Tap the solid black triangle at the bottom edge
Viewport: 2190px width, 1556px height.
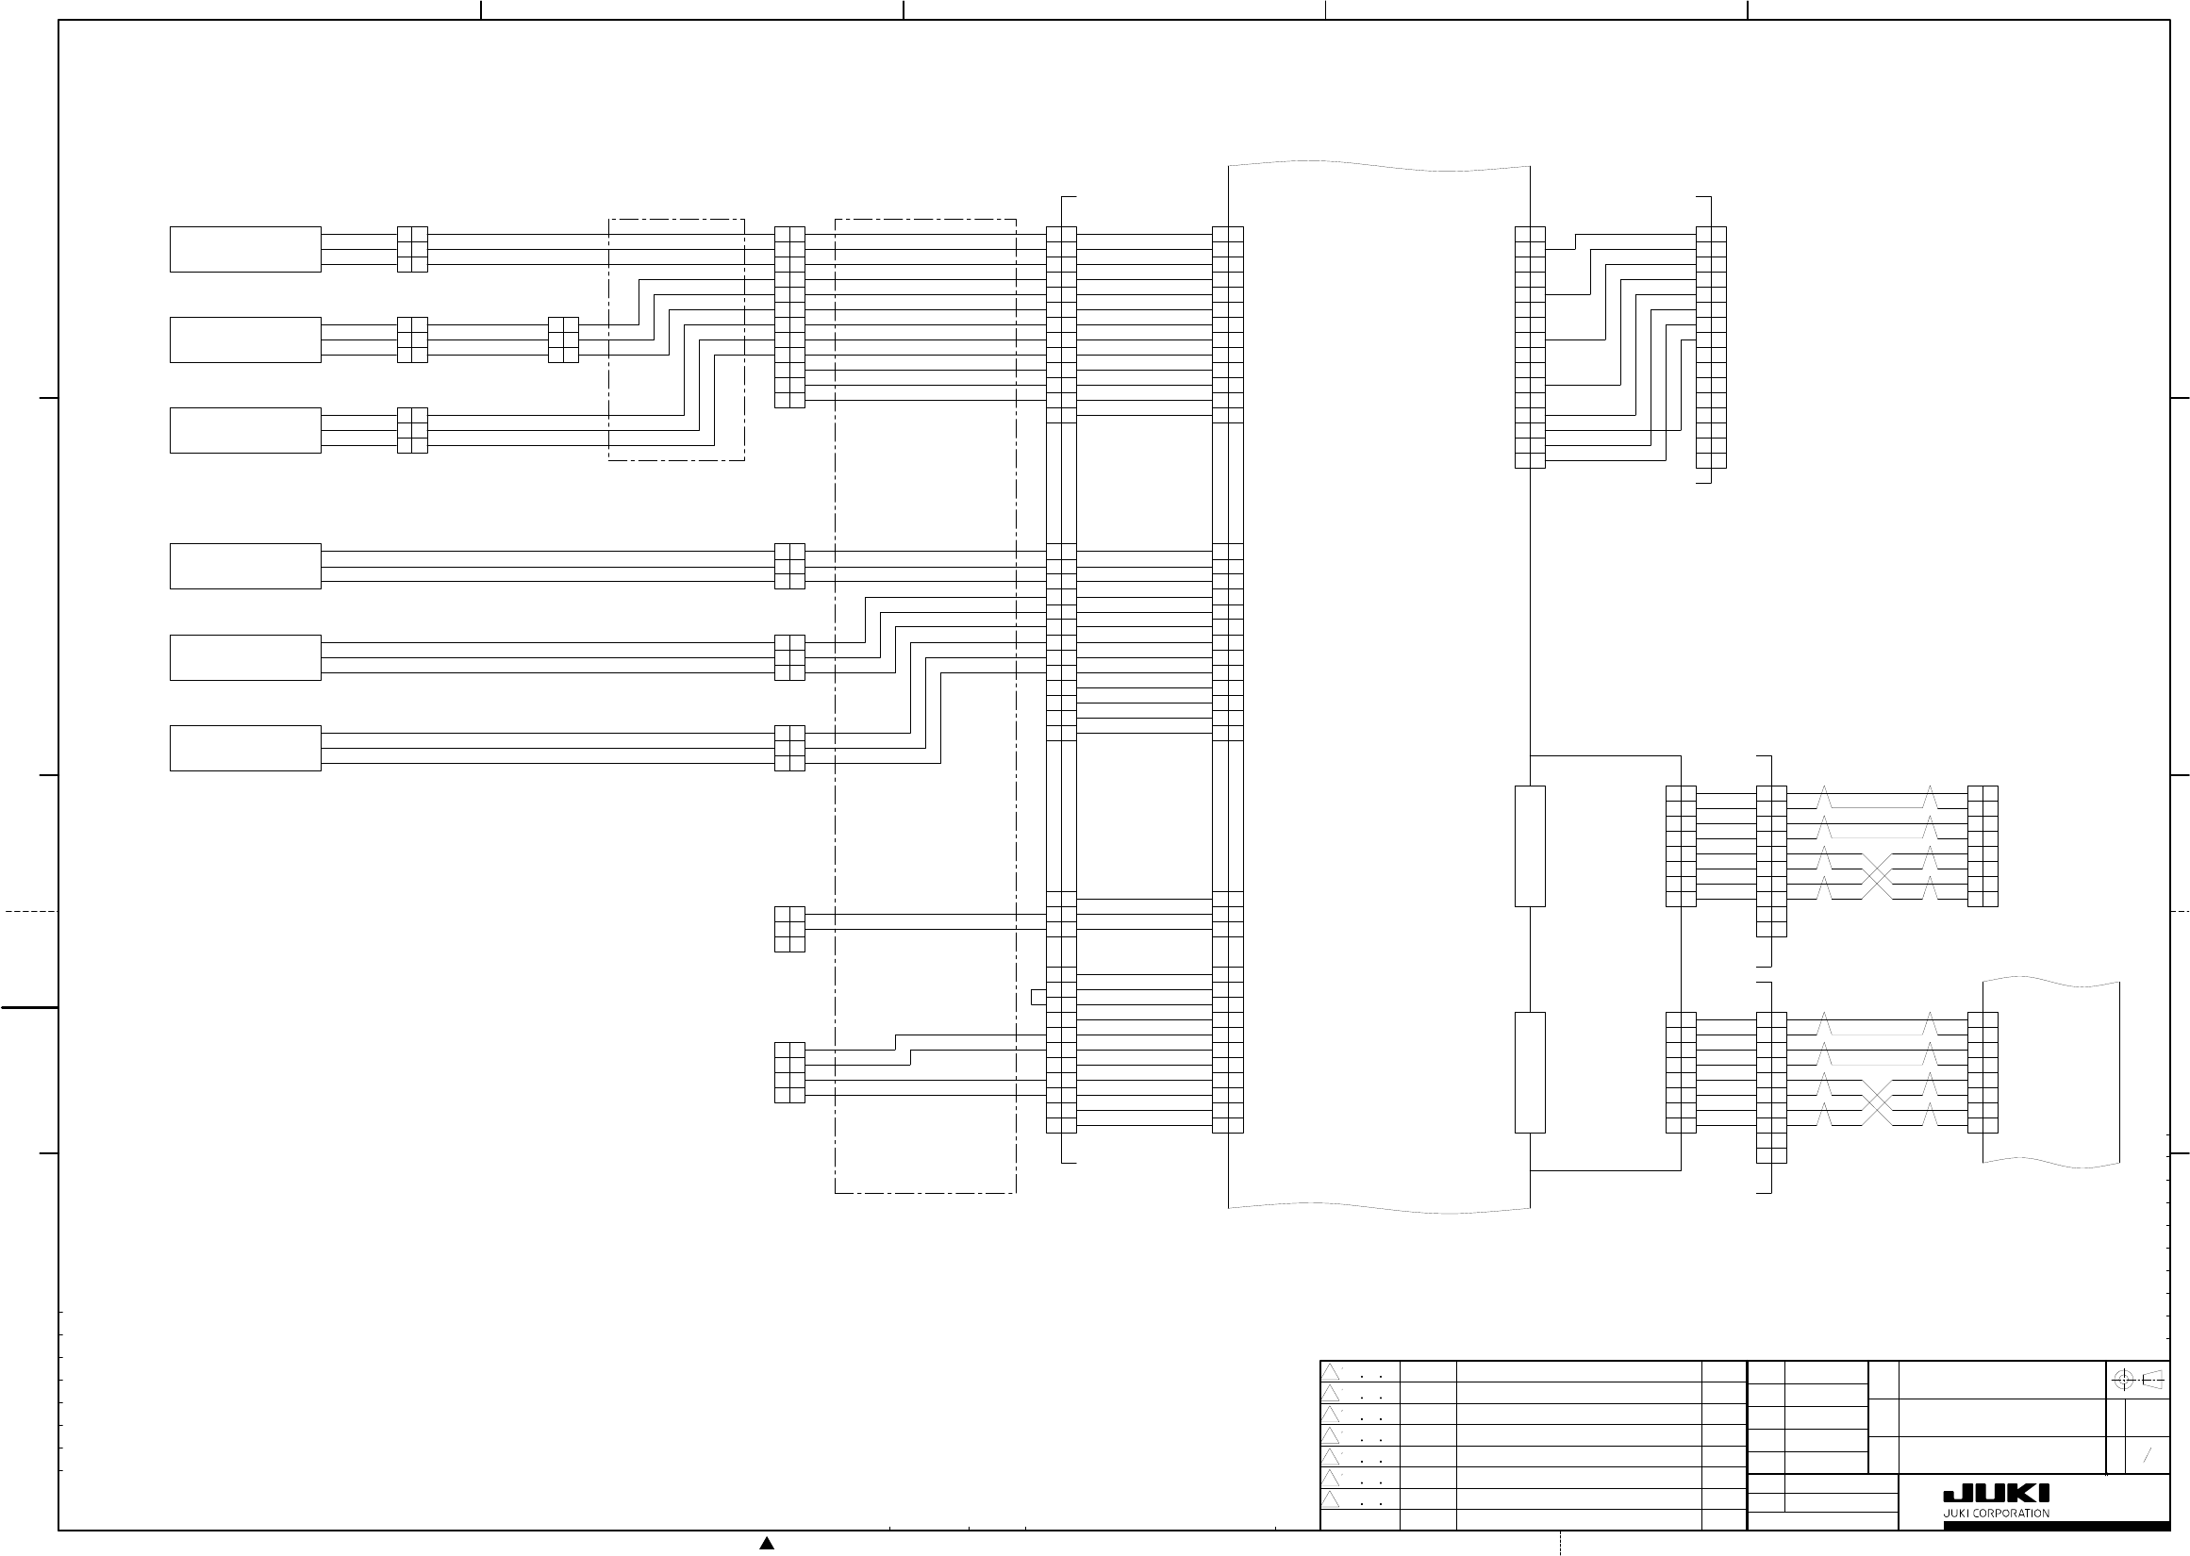pyautogui.click(x=767, y=1543)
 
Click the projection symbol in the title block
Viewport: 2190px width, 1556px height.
pyautogui.click(x=2137, y=1381)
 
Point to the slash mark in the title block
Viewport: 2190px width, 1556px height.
pyautogui.click(x=2147, y=1454)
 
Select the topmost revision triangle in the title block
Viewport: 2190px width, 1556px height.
pyautogui.click(x=1330, y=1372)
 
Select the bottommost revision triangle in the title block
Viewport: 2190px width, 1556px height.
pyautogui.click(x=1330, y=1499)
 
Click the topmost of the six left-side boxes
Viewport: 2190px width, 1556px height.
pyautogui.click(x=245, y=249)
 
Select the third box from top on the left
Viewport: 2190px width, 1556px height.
pyautogui.click(x=245, y=430)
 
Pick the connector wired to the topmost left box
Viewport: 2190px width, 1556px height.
pyautogui.click(x=412, y=249)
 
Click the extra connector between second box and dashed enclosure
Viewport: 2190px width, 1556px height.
pyautogui.click(x=563, y=340)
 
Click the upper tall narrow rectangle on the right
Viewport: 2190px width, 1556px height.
pyautogui.click(x=1530, y=846)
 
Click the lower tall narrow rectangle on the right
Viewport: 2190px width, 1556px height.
pyautogui.click(x=1530, y=1072)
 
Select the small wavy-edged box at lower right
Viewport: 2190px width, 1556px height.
pyautogui.click(x=2050, y=1072)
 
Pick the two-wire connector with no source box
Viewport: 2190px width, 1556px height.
pyautogui.click(x=789, y=929)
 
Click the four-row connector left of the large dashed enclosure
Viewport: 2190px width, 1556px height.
pyautogui.click(x=789, y=1072)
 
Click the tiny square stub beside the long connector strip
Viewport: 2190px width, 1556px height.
pyautogui.click(x=1038, y=998)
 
